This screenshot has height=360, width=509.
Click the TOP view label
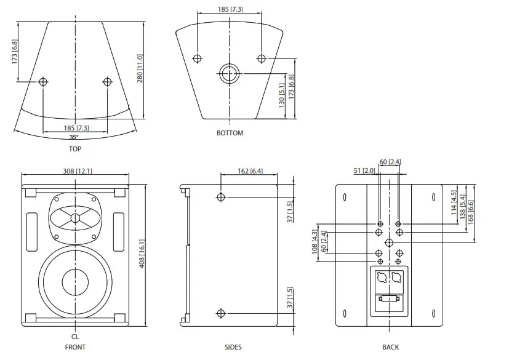pos(75,148)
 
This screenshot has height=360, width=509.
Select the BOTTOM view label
pos(230,133)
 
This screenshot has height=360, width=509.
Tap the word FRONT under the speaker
pos(75,347)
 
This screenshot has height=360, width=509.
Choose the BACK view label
pos(390,347)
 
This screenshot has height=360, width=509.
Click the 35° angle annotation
pos(74,138)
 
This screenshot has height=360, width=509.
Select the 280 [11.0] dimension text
pos(140,70)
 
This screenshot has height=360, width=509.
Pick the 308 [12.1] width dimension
pos(76,171)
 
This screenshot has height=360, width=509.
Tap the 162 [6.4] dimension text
pos(249,171)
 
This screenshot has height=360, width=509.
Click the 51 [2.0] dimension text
pos(365,170)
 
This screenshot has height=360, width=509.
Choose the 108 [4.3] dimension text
pos(315,242)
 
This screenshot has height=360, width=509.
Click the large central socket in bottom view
pos(228,72)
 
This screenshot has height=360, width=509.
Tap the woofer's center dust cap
pos(76,282)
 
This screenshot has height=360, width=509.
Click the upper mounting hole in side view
pos(221,197)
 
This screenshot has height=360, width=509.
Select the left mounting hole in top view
pos(43,82)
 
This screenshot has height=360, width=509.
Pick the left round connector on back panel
pos(380,278)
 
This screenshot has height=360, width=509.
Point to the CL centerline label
pos(75,337)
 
